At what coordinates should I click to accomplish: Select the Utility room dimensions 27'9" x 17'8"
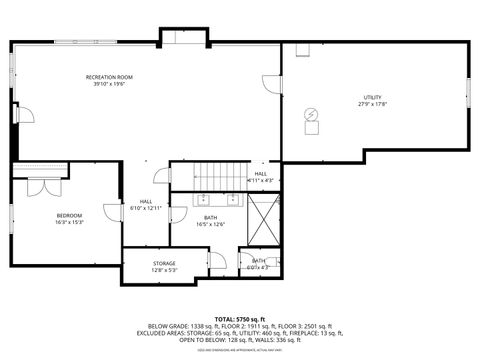(x=372, y=104)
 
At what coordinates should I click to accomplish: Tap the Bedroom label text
(x=69, y=215)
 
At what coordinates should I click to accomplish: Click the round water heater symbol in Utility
(x=312, y=114)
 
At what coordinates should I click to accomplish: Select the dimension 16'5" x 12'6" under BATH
(x=210, y=224)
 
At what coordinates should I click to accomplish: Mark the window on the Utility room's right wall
(x=467, y=91)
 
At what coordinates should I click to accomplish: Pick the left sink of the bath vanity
(x=203, y=196)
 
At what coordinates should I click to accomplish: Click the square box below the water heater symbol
(x=311, y=128)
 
